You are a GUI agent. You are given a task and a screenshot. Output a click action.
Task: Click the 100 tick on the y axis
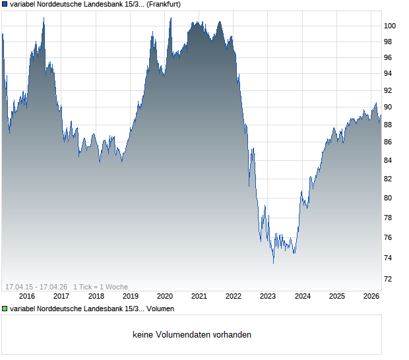click(389, 26)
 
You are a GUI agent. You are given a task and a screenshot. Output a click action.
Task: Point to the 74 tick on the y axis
click(389, 257)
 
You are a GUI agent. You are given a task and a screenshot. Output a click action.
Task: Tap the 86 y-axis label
click(389, 142)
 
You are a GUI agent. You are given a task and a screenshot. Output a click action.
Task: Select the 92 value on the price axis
click(389, 90)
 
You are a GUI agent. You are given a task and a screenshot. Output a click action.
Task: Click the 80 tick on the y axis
click(389, 198)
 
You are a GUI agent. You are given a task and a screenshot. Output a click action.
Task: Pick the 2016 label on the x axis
click(26, 296)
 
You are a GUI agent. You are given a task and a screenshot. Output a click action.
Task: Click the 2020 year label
click(164, 296)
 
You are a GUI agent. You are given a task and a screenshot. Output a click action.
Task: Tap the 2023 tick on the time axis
click(268, 296)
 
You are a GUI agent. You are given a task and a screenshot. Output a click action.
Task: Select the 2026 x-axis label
click(371, 296)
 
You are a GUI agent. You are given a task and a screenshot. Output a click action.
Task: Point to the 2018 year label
click(96, 296)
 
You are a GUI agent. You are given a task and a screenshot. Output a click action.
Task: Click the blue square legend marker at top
click(5, 4)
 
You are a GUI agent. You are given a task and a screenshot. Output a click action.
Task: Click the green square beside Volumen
click(5, 309)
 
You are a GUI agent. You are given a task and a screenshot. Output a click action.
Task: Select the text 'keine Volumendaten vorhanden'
click(192, 335)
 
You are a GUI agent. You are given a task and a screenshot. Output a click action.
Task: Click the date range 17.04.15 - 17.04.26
click(36, 286)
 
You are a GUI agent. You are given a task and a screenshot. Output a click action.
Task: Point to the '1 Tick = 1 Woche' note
click(100, 286)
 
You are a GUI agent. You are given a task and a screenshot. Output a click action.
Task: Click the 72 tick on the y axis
click(389, 280)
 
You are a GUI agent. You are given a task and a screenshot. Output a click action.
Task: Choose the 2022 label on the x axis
click(234, 296)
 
